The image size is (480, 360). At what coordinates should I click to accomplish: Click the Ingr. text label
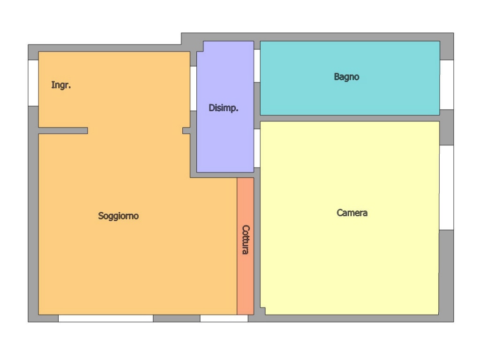(x=61, y=85)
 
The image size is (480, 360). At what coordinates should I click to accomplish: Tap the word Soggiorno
(x=118, y=216)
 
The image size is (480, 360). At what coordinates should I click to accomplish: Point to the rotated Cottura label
(x=246, y=240)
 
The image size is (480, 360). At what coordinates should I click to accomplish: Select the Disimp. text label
(x=223, y=108)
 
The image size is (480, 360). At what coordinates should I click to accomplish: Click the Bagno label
(x=346, y=76)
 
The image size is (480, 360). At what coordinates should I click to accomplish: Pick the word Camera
(x=352, y=213)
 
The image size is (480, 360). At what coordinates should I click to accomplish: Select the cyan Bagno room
(x=350, y=98)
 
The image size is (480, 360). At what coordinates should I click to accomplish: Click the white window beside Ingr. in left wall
(x=33, y=83)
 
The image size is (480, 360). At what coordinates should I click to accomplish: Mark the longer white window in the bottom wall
(x=105, y=318)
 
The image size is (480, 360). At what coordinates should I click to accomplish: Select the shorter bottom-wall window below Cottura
(x=224, y=318)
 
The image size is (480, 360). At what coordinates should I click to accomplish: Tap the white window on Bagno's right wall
(x=447, y=85)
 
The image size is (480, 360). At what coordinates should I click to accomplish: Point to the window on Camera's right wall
(x=447, y=187)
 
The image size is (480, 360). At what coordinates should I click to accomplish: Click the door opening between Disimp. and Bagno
(x=257, y=66)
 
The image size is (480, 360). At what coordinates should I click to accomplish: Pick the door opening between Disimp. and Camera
(x=257, y=148)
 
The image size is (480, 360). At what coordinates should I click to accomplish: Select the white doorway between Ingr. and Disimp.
(x=193, y=89)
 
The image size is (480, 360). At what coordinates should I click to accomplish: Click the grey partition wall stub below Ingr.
(x=63, y=131)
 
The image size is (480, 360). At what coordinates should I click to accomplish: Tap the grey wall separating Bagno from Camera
(x=350, y=118)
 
